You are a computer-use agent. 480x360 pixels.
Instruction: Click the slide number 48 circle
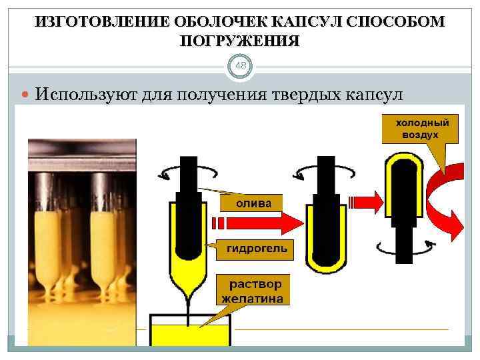click(x=240, y=66)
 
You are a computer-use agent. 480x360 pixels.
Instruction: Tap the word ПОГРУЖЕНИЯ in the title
click(x=240, y=41)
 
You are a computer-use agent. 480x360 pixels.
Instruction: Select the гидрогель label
click(x=257, y=249)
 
